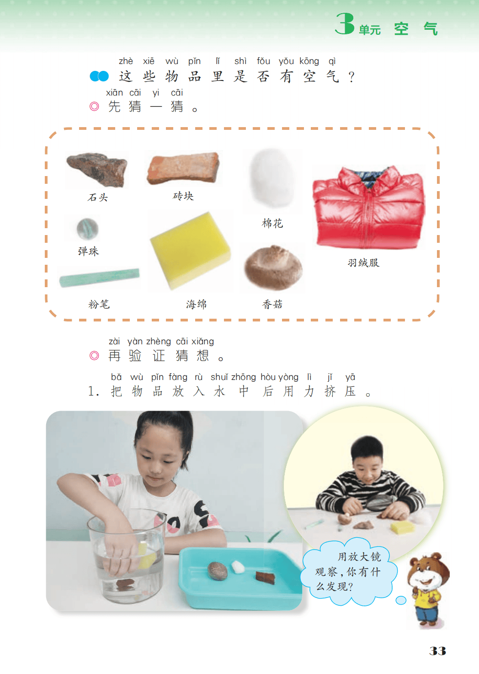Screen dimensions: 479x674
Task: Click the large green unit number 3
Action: click(345, 24)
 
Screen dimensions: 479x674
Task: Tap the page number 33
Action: click(437, 651)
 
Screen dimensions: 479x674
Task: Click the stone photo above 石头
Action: click(97, 169)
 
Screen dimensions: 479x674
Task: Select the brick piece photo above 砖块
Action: click(183, 168)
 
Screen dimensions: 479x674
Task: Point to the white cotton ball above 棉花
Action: click(272, 178)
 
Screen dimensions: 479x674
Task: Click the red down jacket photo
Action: click(369, 207)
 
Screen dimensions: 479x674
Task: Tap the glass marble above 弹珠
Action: click(87, 229)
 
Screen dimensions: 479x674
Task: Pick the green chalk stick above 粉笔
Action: click(100, 278)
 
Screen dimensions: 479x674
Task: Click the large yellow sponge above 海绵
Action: click(190, 251)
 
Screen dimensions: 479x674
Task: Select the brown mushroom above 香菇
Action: click(273, 267)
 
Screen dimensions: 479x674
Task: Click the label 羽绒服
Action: click(363, 262)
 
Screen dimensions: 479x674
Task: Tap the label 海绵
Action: click(197, 304)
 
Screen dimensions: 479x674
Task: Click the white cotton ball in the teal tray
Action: click(237, 567)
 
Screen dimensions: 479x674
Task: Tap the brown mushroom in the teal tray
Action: click(218, 571)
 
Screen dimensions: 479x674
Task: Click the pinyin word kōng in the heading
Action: click(309, 61)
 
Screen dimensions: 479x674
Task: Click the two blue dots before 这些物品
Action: click(99, 76)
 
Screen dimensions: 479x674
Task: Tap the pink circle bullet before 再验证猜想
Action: click(94, 355)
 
